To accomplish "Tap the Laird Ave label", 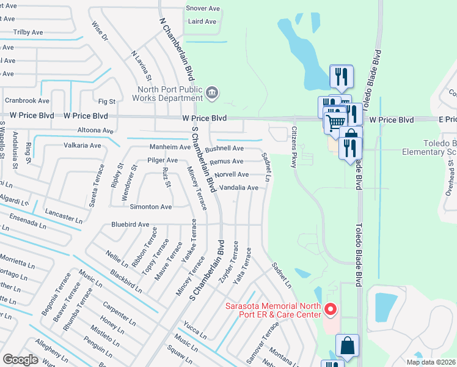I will pyautogui.click(x=203, y=21).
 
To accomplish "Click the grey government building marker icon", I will pyautogui.click(x=211, y=93).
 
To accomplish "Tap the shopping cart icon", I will pyautogui.click(x=334, y=122).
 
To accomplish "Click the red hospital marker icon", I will pyautogui.click(x=331, y=310).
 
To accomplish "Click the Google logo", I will pyautogui.click(x=20, y=360).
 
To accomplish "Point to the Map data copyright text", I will pyautogui.click(x=431, y=362).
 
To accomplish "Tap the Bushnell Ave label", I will pyautogui.click(x=224, y=149).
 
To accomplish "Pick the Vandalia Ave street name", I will pyautogui.click(x=238, y=188).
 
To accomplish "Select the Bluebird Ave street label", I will pyautogui.click(x=130, y=224).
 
